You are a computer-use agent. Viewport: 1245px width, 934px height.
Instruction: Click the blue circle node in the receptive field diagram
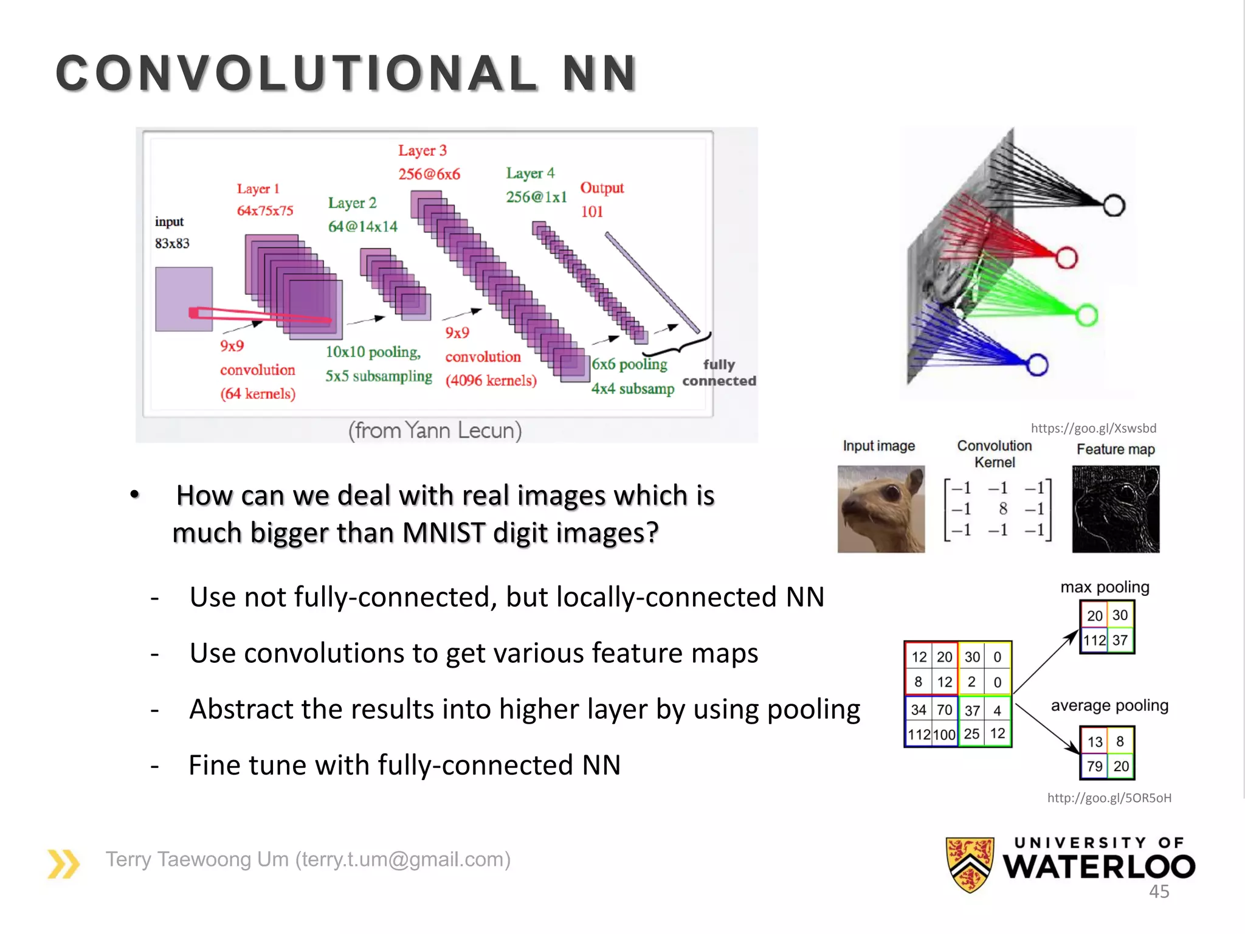point(1037,365)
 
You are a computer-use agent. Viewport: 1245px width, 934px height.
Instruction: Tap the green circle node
point(1086,315)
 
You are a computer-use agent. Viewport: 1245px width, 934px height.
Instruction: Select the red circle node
point(1066,258)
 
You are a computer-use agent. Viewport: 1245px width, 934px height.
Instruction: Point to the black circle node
point(1114,206)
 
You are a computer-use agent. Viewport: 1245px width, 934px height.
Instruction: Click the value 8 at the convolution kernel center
point(1003,508)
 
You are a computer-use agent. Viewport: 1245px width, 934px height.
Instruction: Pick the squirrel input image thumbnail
point(881,509)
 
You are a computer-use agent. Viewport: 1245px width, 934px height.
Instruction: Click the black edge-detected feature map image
point(1116,509)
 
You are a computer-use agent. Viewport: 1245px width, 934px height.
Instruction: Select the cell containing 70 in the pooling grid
point(944,710)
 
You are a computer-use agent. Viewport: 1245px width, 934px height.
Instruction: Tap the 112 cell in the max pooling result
point(1094,640)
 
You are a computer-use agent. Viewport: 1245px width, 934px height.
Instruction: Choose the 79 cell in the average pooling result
point(1094,766)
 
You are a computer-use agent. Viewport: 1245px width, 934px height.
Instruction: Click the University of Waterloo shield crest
point(970,864)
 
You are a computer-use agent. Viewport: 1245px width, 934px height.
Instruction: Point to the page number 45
point(1159,891)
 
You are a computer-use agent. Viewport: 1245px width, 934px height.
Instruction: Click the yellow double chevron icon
point(63,863)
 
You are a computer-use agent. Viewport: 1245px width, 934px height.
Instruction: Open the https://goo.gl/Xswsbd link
point(1093,428)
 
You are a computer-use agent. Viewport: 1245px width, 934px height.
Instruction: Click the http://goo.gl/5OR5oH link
point(1109,798)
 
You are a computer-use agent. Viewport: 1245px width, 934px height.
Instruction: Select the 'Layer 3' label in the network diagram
point(422,150)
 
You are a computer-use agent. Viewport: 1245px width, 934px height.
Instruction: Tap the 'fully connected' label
point(719,373)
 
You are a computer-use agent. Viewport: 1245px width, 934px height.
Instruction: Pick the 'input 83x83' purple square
point(184,299)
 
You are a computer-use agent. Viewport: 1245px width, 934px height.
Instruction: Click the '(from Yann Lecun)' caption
point(435,431)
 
